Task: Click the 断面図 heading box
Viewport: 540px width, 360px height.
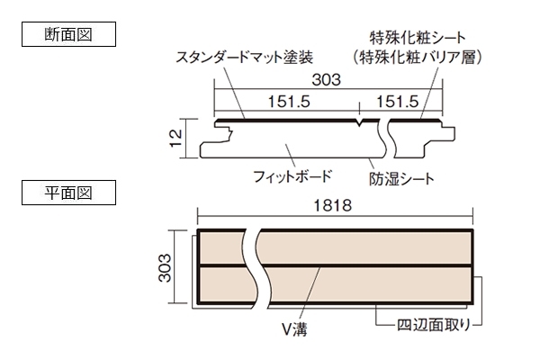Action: [x=69, y=34]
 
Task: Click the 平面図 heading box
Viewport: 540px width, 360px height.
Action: [x=69, y=193]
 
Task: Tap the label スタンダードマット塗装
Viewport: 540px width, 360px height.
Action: [x=245, y=58]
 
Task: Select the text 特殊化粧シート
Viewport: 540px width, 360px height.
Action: [x=418, y=38]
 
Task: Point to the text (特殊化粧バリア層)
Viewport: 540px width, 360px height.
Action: [x=418, y=58]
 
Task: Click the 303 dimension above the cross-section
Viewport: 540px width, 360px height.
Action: [x=326, y=80]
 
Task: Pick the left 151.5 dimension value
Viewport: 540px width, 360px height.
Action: [x=289, y=102]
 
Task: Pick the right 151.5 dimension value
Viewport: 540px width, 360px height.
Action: [x=398, y=102]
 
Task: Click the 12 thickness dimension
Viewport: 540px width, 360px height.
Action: [x=176, y=138]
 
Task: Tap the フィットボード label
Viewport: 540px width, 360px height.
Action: [x=292, y=176]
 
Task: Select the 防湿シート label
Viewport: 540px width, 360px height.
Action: [x=402, y=179]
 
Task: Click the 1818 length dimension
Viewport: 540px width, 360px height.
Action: [x=333, y=206]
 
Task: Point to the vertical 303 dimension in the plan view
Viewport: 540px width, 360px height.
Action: [x=165, y=267]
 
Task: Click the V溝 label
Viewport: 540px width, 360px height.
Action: [x=295, y=329]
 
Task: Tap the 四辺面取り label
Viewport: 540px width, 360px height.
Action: [x=434, y=325]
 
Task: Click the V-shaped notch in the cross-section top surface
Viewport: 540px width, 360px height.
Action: [x=359, y=122]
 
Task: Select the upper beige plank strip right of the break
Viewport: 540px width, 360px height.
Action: [x=364, y=248]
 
